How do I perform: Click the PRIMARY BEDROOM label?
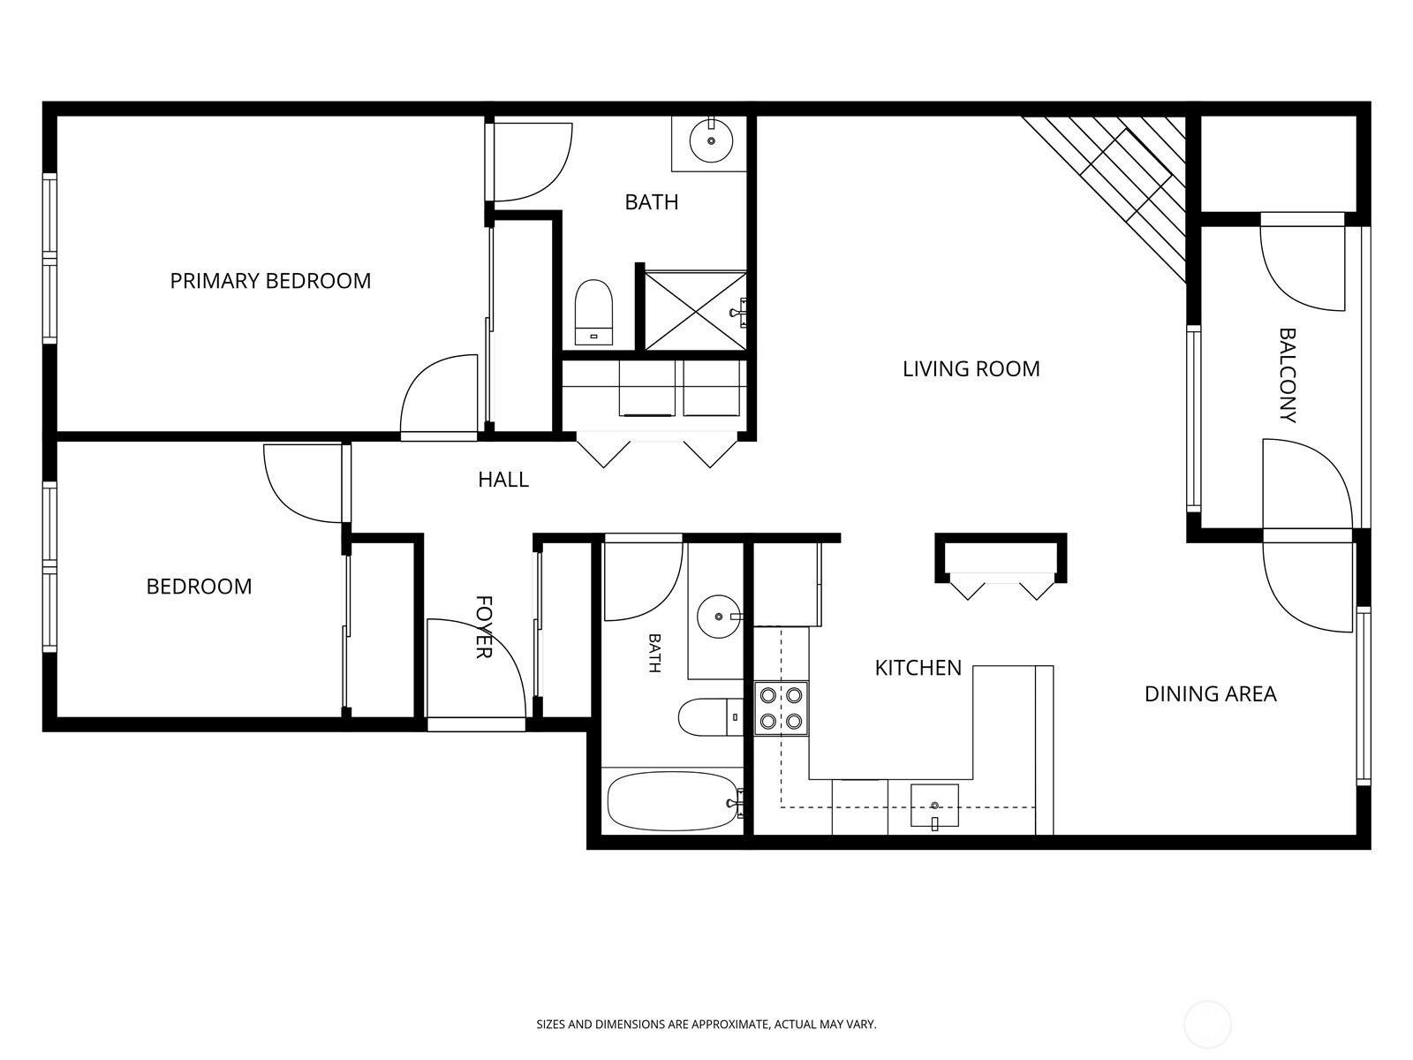(x=270, y=281)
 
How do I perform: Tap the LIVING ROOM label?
(x=971, y=369)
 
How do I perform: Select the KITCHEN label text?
(x=918, y=668)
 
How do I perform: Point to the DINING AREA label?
(x=1210, y=693)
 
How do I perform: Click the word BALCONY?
(x=1287, y=375)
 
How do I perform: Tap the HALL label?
(x=503, y=480)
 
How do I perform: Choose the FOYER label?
(x=483, y=627)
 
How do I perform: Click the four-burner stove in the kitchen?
(x=781, y=708)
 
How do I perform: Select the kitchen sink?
(x=934, y=806)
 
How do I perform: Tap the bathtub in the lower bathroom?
(x=673, y=802)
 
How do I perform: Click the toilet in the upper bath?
(x=593, y=313)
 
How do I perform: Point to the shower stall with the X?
(x=695, y=312)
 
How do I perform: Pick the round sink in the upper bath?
(x=711, y=141)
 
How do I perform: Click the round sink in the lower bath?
(x=719, y=617)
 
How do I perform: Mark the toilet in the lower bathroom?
(x=711, y=717)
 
